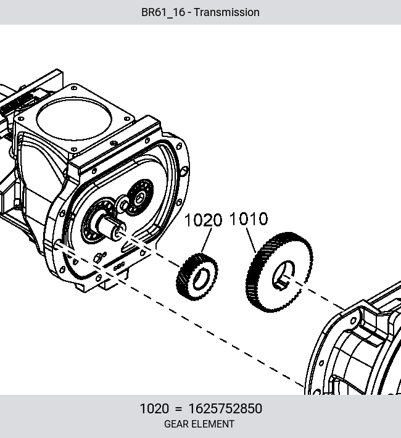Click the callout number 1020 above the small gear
point(204,220)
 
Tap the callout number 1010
point(249,219)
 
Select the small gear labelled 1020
point(197,277)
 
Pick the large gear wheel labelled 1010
point(279,272)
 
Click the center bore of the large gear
point(283,275)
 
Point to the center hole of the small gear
point(201,278)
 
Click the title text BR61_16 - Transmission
point(200,12)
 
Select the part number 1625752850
point(225,408)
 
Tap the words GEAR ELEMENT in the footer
point(199,424)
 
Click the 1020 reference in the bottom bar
point(154,408)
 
